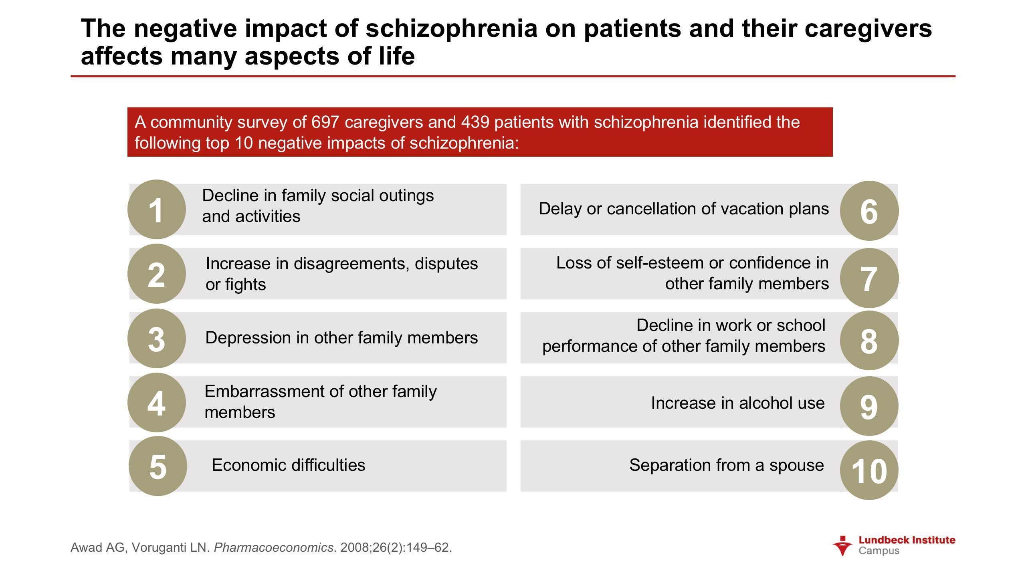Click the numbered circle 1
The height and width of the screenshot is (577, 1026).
pyautogui.click(x=157, y=209)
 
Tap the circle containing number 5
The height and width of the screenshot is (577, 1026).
pyautogui.click(x=158, y=466)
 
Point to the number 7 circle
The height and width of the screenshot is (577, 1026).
pyautogui.click(x=869, y=278)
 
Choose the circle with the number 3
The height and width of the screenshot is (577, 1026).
pyautogui.click(x=157, y=338)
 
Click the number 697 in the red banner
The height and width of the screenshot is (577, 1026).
pyautogui.click(x=325, y=122)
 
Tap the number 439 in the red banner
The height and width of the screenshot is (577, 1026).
pyautogui.click(x=475, y=122)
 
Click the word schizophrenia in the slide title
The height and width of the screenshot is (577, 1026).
pyautogui.click(x=451, y=29)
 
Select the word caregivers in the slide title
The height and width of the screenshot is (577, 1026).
pyautogui.click(x=868, y=29)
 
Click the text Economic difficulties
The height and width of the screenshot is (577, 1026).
pyautogui.click(x=289, y=465)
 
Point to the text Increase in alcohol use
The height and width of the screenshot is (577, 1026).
pyautogui.click(x=738, y=403)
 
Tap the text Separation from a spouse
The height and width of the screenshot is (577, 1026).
pyautogui.click(x=727, y=465)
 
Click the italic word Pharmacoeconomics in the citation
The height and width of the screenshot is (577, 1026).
pyautogui.click(x=274, y=547)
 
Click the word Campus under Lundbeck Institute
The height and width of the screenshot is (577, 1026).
pyautogui.click(x=879, y=551)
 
